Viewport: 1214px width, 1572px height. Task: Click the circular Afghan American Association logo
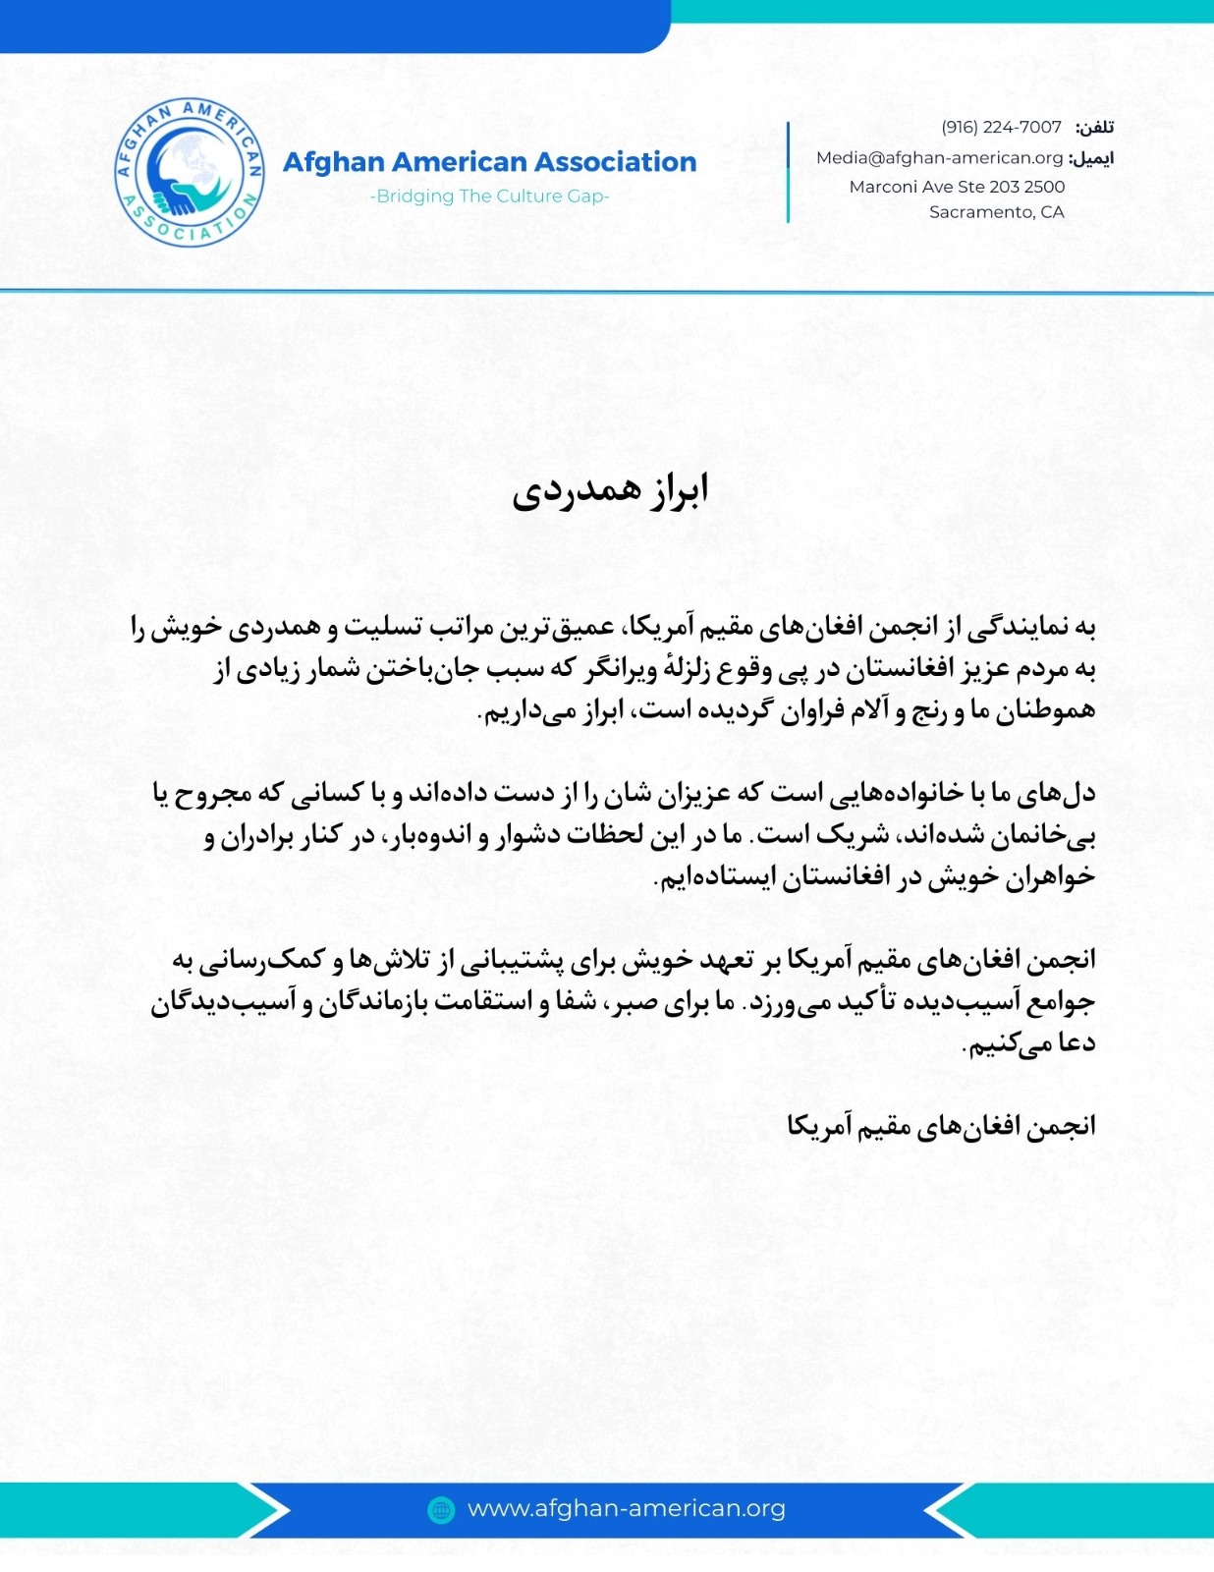pos(190,172)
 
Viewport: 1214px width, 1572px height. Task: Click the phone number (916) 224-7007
pos(1001,127)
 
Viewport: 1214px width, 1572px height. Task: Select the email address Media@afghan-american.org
pos(940,157)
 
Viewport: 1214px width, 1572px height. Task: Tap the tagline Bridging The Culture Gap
pos(489,196)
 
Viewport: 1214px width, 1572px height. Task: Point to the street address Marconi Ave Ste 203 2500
pos(957,186)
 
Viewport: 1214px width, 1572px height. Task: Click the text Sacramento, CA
pos(996,211)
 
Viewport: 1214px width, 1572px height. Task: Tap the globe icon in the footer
pos(442,1509)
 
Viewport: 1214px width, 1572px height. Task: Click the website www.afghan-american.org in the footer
pos(626,1508)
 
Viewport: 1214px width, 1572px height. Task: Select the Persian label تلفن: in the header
pos(1094,128)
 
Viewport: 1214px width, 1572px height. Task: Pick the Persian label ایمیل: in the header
pos(1091,158)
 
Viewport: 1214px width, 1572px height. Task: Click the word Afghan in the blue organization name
pos(332,161)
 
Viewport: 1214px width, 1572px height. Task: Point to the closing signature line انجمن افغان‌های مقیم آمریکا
pos(941,1126)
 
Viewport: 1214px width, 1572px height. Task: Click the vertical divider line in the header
pos(788,172)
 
